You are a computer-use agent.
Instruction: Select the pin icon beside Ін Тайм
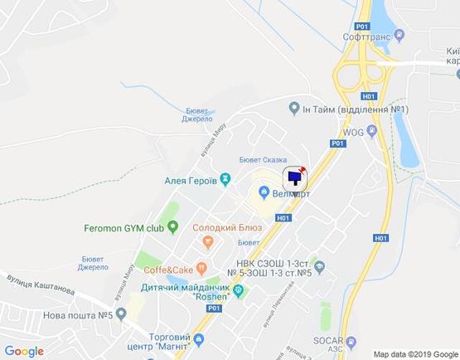pyautogui.click(x=293, y=109)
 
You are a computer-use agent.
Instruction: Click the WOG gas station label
pyautogui.click(x=353, y=131)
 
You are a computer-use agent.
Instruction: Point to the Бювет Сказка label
pyautogui.click(x=262, y=160)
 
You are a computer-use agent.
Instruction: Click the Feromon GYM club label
pyautogui.click(x=124, y=226)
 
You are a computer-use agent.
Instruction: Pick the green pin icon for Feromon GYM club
pyautogui.click(x=172, y=226)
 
